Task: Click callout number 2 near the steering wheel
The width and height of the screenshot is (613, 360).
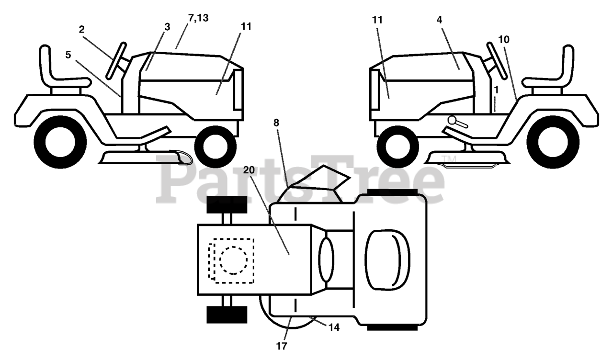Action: [x=82, y=29]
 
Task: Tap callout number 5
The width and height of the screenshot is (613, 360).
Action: [x=68, y=55]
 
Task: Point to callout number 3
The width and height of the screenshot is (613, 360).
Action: [x=167, y=27]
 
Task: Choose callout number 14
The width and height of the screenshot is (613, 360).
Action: [x=334, y=327]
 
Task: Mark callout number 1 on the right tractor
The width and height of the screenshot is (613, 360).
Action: [x=497, y=89]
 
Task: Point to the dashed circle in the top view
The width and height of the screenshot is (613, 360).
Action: [x=234, y=260]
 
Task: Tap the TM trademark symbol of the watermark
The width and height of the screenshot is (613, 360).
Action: [x=447, y=159]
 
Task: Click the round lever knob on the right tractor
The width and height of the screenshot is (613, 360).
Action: [x=452, y=120]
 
